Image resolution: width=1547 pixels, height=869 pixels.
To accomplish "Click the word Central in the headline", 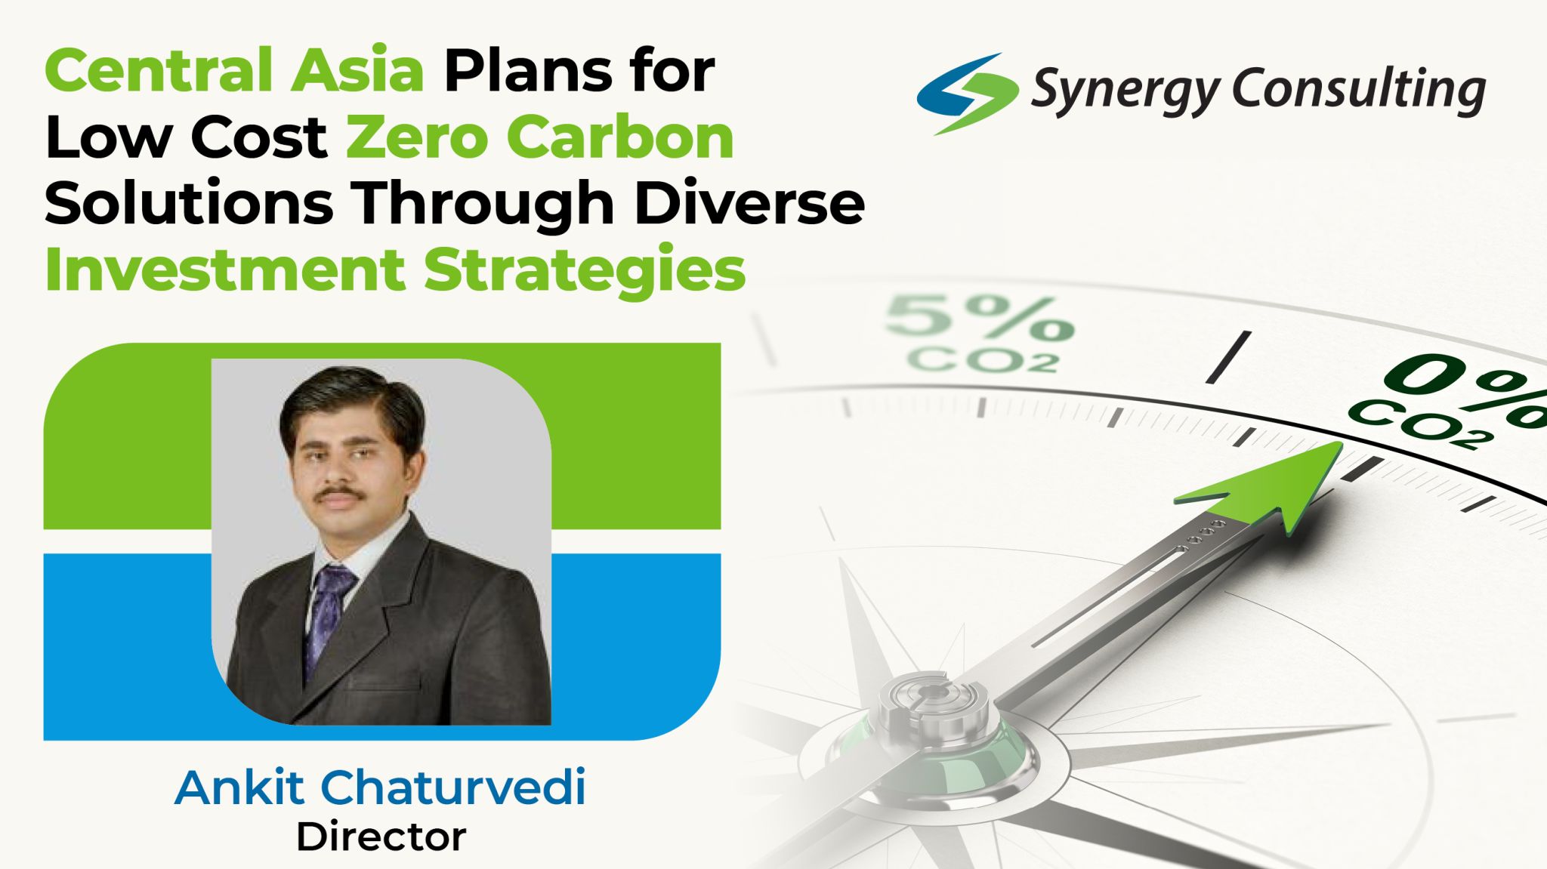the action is coord(159,69).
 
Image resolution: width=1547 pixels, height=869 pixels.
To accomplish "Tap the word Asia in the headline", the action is coord(358,69).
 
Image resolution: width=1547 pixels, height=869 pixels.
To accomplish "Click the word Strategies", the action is coord(585,270).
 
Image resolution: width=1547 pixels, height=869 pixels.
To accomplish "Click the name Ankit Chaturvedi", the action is coord(380,787).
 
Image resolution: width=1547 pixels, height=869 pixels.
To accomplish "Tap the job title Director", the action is coord(381,837).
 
